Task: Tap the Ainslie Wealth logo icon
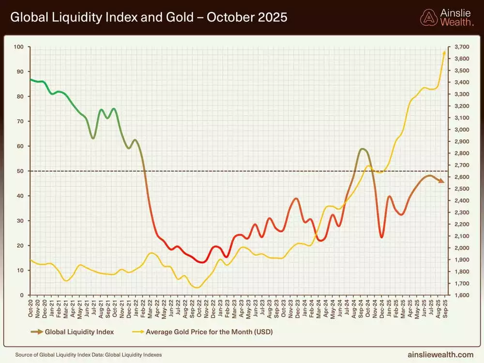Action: (429, 17)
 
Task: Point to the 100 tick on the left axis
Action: (19, 47)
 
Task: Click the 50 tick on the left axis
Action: (21, 171)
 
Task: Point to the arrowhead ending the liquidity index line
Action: (441, 181)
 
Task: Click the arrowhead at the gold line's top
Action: (444, 52)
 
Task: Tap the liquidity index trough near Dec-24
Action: (382, 237)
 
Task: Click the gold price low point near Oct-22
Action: (197, 287)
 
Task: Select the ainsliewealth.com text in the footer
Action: (441, 355)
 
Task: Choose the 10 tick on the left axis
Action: (21, 270)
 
